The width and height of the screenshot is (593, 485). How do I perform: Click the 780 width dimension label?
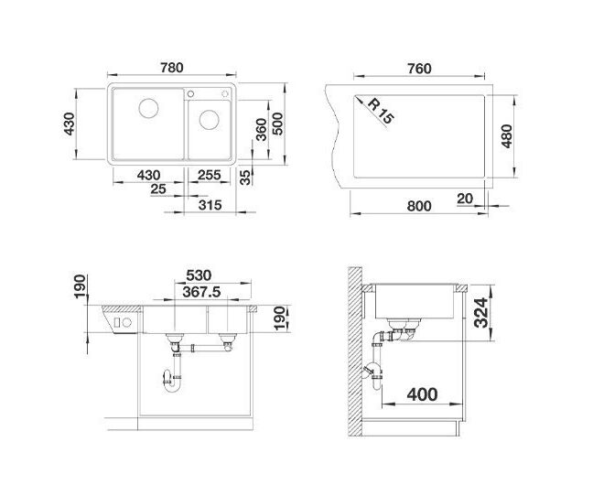tap(172, 68)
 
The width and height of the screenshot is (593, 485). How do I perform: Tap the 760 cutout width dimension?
tap(419, 69)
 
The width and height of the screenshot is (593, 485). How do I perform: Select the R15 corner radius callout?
tap(381, 111)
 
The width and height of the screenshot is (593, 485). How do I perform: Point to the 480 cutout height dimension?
tap(506, 136)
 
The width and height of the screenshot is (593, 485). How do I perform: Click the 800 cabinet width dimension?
tap(419, 206)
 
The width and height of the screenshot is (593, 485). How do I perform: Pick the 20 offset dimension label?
tap(465, 199)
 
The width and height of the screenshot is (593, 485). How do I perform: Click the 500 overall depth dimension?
tap(277, 124)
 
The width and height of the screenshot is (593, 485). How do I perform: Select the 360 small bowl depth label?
tap(261, 129)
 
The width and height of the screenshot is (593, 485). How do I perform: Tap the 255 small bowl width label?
tap(210, 175)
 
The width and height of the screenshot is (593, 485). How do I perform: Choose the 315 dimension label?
tap(210, 205)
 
